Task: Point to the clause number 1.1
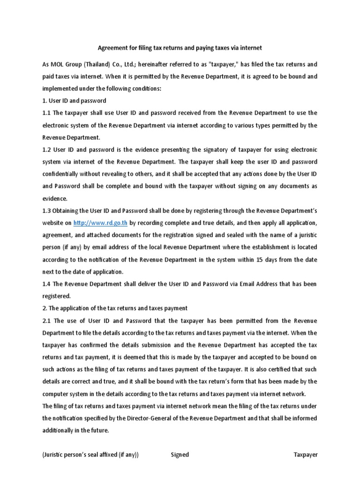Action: click(47, 113)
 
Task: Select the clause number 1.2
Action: click(47, 150)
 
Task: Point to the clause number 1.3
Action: click(47, 210)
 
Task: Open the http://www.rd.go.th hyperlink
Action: click(100, 223)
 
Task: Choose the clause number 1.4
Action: click(47, 284)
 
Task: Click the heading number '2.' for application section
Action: click(45, 308)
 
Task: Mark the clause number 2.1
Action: click(47, 320)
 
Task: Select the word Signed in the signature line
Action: click(180, 454)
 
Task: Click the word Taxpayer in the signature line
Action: click(306, 454)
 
